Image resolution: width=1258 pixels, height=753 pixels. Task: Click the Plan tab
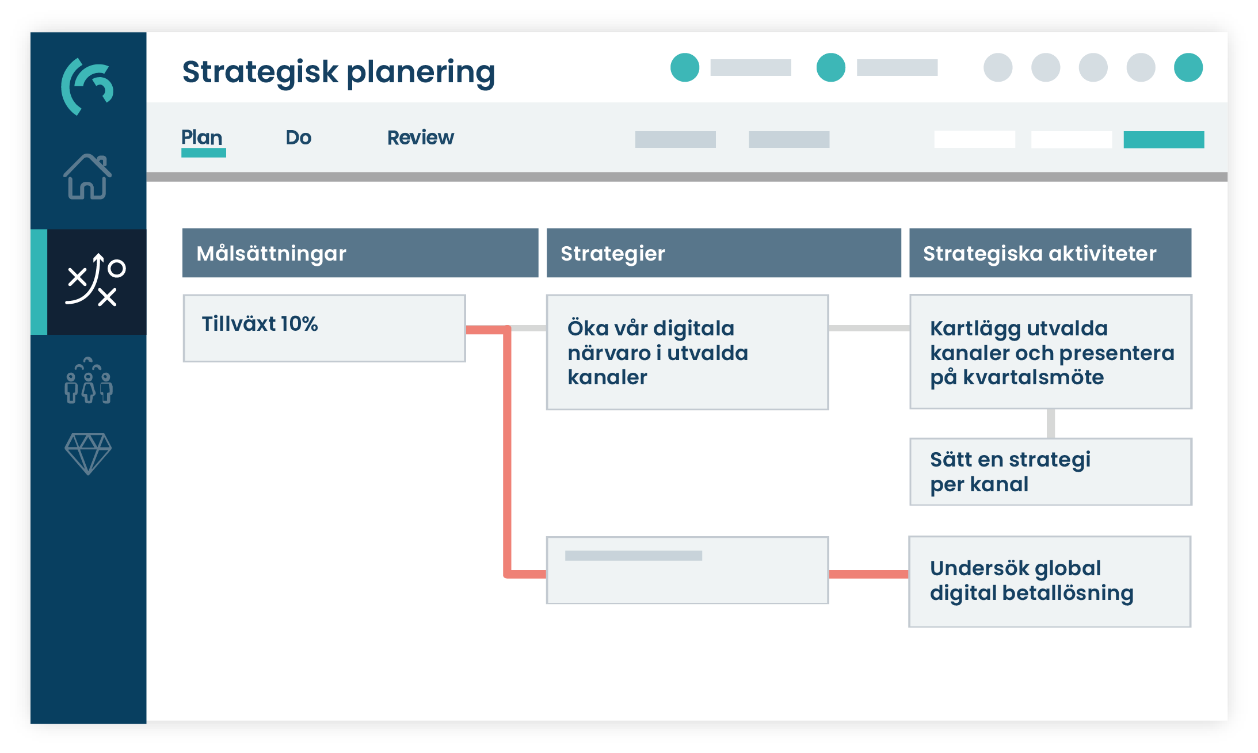pos(202,138)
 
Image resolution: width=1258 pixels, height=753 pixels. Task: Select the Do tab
pos(298,138)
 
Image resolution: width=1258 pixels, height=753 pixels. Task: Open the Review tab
pos(420,138)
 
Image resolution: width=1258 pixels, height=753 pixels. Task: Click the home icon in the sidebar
pos(87,177)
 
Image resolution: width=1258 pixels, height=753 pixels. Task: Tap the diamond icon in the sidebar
pos(88,453)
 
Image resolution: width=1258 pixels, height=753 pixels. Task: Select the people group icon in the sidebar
pos(88,381)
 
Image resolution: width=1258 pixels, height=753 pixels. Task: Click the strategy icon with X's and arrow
pos(95,281)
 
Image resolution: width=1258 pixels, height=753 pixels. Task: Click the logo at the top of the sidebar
pos(87,86)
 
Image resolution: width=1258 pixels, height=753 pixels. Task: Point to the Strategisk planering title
pos(338,72)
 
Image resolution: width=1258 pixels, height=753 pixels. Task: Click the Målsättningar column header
pos(360,253)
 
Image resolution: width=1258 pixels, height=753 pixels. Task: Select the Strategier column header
pos(723,253)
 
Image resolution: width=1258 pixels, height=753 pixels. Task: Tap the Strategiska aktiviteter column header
pos(1050,253)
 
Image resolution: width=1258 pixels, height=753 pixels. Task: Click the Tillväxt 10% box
pos(324,328)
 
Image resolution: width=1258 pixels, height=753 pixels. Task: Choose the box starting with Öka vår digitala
pos(687,352)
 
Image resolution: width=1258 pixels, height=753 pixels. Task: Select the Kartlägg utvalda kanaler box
pos(1050,352)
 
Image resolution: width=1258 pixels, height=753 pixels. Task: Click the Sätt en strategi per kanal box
pos(1050,472)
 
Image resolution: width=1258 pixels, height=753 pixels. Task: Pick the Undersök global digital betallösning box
pos(1050,581)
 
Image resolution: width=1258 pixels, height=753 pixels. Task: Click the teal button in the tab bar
pos(1164,139)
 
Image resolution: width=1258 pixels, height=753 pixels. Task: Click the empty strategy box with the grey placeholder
pos(687,570)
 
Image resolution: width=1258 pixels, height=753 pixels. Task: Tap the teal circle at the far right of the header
pos(1188,67)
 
